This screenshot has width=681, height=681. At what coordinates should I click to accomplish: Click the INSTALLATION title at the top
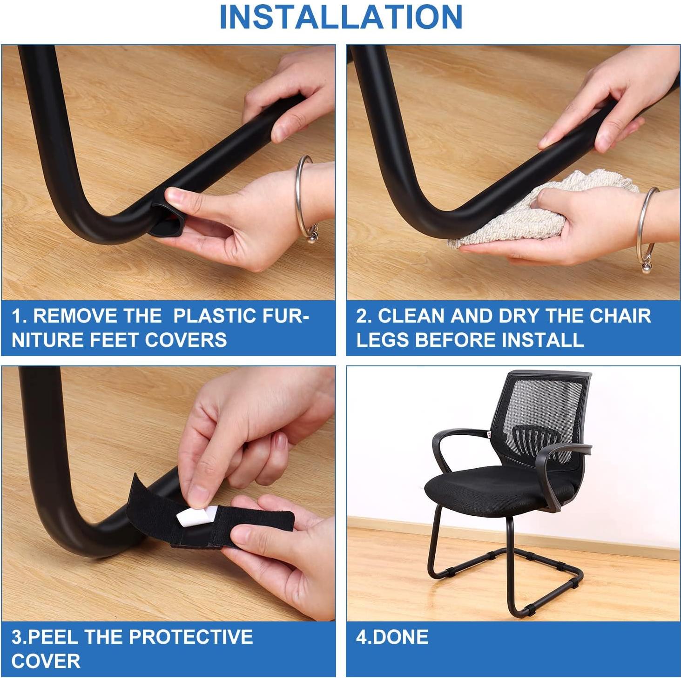coord(340,17)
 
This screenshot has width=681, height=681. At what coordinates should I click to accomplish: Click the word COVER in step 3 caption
coord(46,661)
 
